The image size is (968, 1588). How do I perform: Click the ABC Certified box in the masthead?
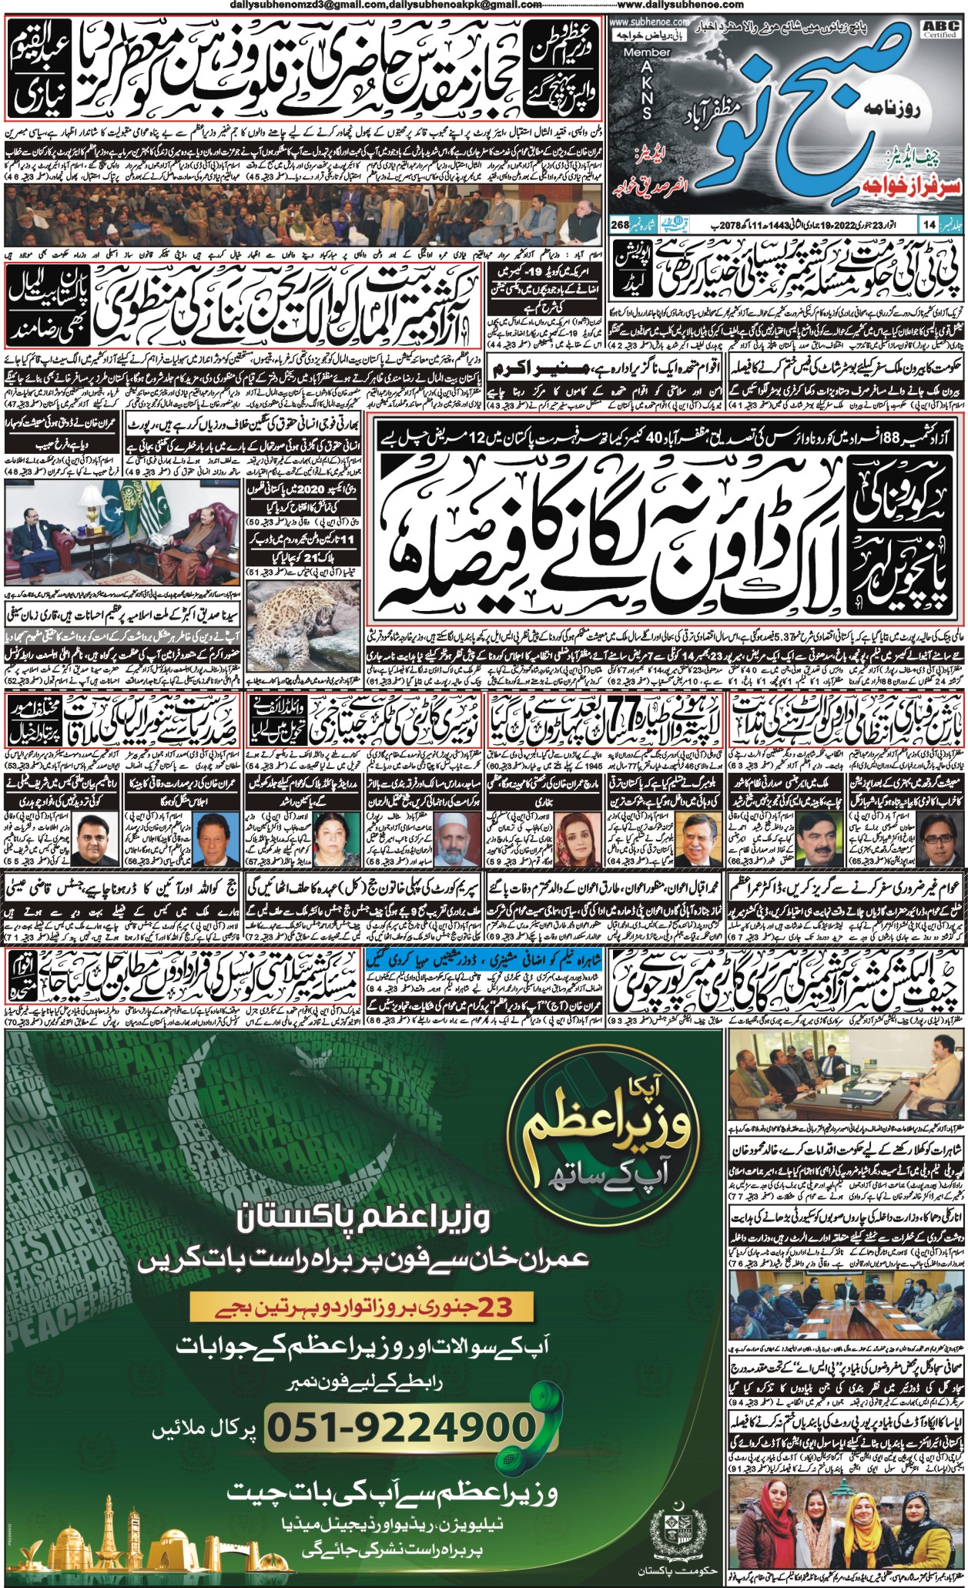click(x=947, y=29)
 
